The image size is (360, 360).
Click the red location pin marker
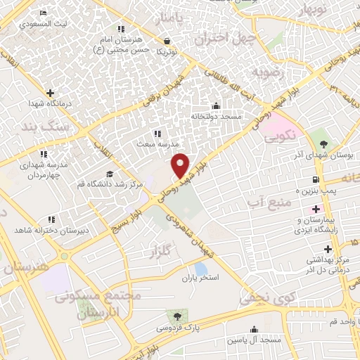(181, 165)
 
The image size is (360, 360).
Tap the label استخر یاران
(201, 278)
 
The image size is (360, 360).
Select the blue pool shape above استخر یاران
(201, 268)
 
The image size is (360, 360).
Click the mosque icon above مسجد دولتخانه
(216, 106)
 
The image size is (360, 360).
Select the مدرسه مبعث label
(155, 143)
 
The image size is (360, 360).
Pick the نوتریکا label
(167, 51)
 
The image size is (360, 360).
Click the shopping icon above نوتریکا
(167, 41)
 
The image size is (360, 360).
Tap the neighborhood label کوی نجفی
(261, 298)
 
